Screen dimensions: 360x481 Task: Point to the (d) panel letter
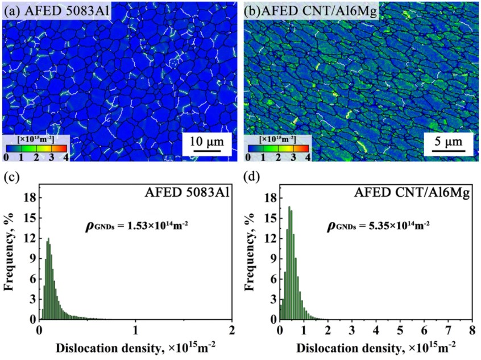click(x=251, y=177)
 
